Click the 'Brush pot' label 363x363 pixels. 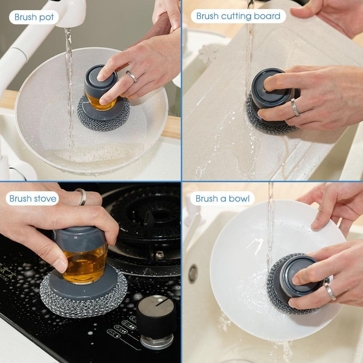click(34, 17)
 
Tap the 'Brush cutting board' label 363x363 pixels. click(238, 16)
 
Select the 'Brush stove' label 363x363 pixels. click(33, 199)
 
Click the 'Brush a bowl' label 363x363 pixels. click(223, 199)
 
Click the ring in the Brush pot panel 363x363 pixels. click(132, 76)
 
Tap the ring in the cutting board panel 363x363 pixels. click(295, 107)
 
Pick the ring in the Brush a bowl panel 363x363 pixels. click(330, 291)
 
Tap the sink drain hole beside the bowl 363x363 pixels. click(193, 273)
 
